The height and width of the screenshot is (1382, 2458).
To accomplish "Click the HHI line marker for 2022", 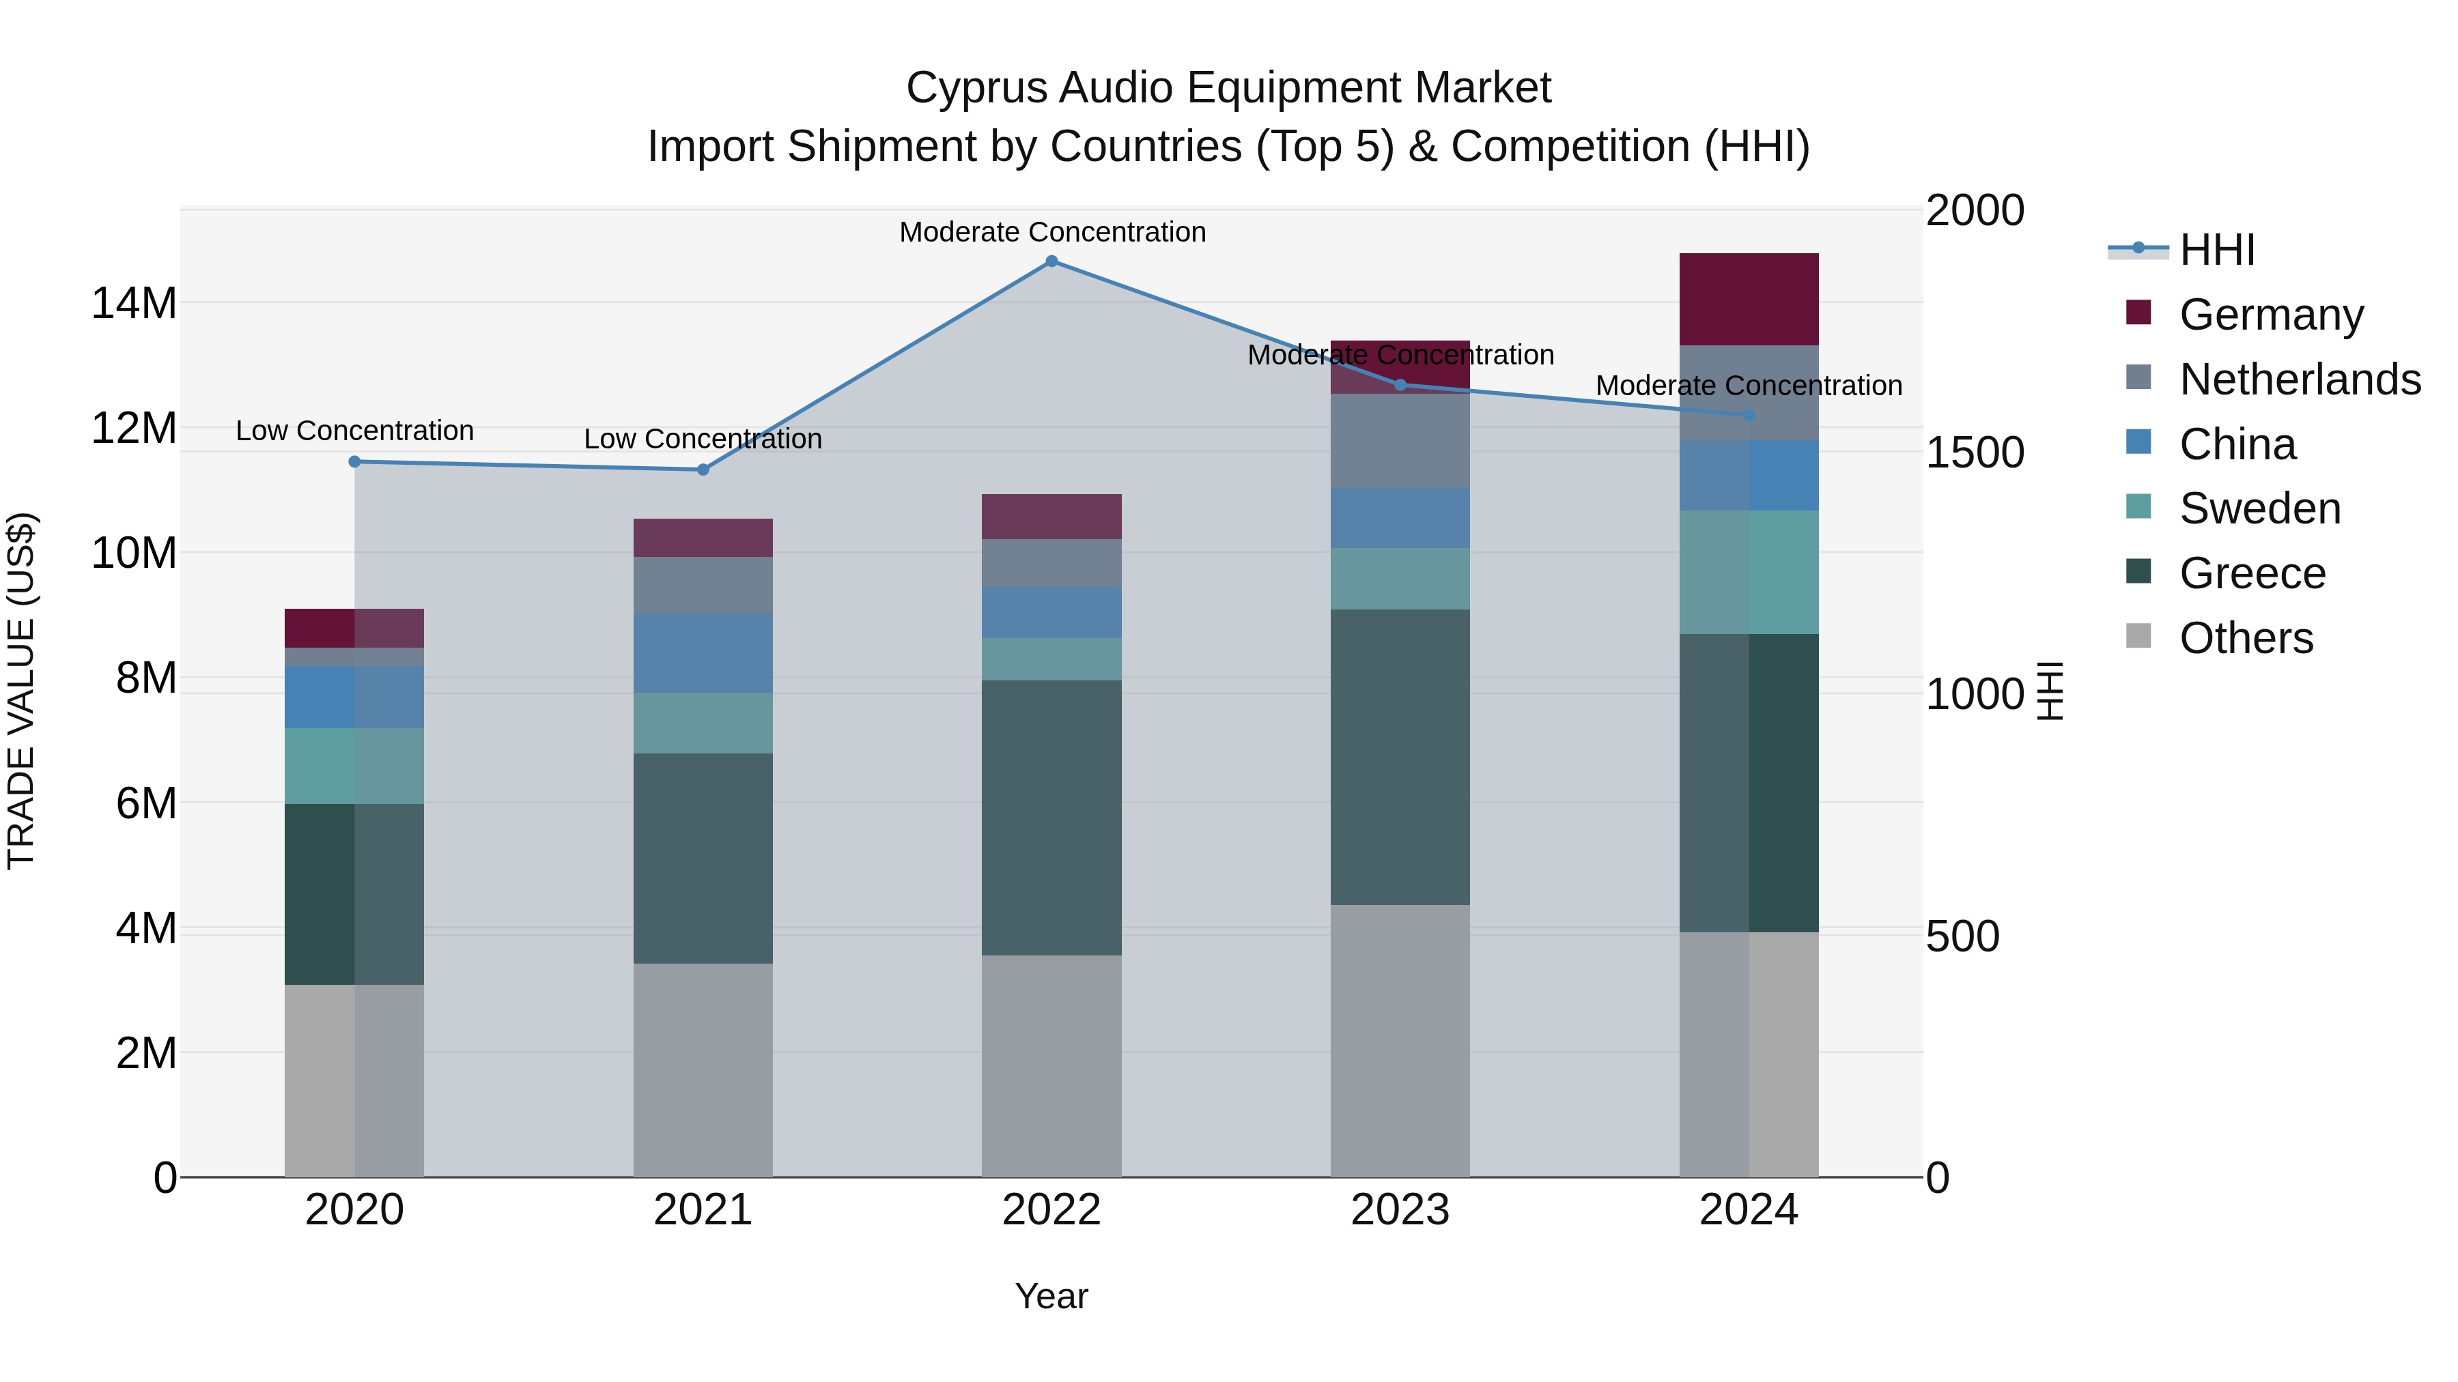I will [x=1051, y=261].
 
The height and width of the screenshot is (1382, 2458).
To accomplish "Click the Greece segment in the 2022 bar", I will [x=1051, y=818].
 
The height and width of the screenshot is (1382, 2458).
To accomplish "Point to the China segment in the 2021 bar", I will [x=703, y=652].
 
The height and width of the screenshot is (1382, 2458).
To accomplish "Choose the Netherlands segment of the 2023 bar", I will [x=1400, y=441].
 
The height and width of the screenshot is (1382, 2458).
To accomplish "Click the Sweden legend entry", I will [x=2259, y=508].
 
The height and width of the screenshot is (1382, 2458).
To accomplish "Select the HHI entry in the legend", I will [x=2216, y=250].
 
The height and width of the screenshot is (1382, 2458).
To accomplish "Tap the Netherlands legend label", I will [x=2300, y=379].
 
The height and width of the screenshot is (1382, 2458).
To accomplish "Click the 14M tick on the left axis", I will [x=134, y=303].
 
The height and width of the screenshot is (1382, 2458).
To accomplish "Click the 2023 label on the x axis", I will [x=1400, y=1210].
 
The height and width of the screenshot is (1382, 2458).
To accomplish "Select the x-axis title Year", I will [x=1051, y=1296].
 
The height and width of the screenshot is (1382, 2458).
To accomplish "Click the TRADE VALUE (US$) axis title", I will [x=21, y=691].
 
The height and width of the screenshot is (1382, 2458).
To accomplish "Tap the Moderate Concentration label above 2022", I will [x=1052, y=232].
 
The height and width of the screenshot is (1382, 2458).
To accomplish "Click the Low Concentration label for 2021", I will [x=703, y=439].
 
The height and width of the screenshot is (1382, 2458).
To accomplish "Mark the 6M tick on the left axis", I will [x=145, y=803].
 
